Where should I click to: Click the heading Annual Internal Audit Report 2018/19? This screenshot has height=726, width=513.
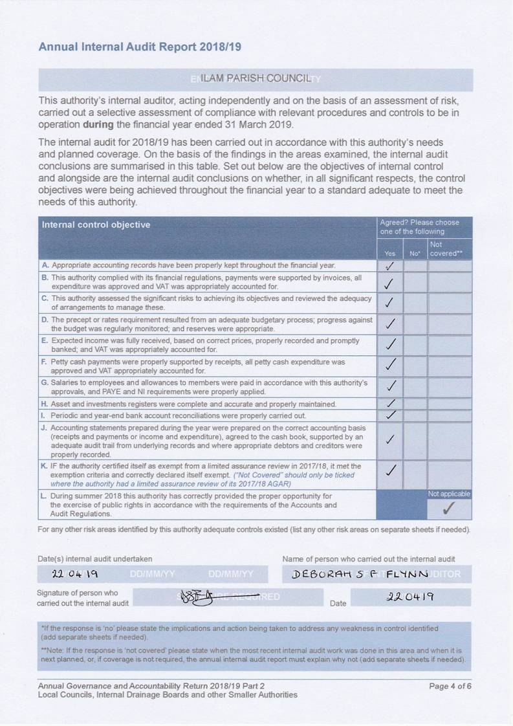coord(140,47)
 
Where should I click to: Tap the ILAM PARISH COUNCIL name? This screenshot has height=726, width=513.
coord(256,78)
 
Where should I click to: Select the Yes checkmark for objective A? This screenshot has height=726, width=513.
coord(389,265)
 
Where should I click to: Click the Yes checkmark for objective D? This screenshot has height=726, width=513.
coord(389,323)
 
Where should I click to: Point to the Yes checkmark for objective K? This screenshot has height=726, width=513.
coord(389,470)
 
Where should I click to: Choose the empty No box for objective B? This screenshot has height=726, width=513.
coord(415,283)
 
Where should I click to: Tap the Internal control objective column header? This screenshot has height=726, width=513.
coord(96,225)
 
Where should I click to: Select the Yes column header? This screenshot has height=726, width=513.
coord(389,254)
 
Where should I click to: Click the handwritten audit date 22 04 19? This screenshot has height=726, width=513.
coord(76,574)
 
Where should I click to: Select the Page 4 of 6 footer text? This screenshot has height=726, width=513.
coord(450,686)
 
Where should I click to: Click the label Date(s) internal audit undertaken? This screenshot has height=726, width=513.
coord(95,558)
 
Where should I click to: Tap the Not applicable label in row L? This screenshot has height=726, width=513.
coord(449,494)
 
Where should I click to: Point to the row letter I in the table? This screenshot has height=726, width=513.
coord(43,415)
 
